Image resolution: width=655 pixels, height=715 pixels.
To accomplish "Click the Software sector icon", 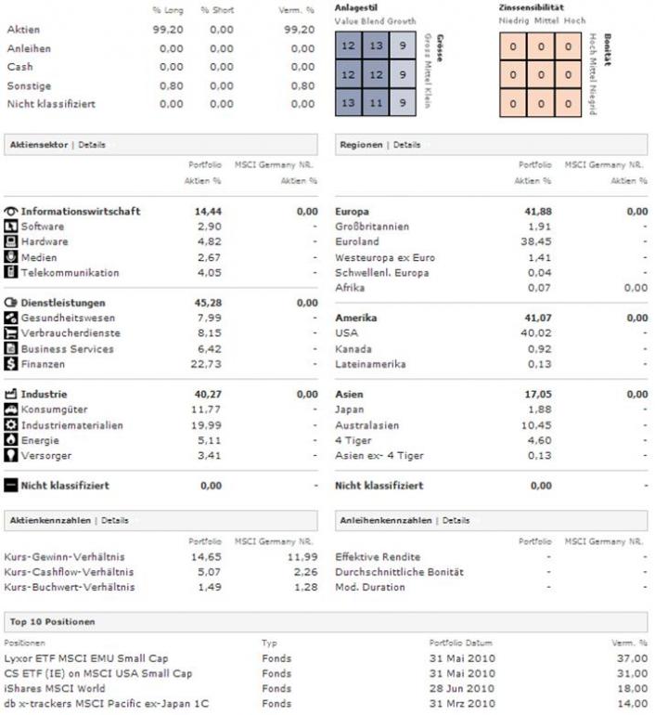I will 11,227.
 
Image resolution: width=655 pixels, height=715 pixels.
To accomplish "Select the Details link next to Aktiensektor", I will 92,145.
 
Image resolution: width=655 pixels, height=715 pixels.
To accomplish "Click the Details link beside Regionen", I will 406,145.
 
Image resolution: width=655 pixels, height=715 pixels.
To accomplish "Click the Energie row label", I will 39,440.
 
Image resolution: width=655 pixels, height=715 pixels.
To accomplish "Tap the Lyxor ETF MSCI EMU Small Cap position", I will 86,658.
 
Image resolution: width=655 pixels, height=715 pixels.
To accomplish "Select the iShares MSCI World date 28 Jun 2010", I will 461,689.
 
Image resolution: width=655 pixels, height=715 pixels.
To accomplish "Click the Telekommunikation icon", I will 11,273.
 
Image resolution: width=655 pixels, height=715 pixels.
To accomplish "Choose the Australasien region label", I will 366,425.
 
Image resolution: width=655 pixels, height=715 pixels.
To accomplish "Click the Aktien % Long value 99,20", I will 168,30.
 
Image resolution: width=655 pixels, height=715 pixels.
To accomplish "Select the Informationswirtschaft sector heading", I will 81,212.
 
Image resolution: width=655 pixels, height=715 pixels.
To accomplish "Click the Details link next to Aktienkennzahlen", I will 114,521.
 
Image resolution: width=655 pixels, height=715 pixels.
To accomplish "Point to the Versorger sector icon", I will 11,456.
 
